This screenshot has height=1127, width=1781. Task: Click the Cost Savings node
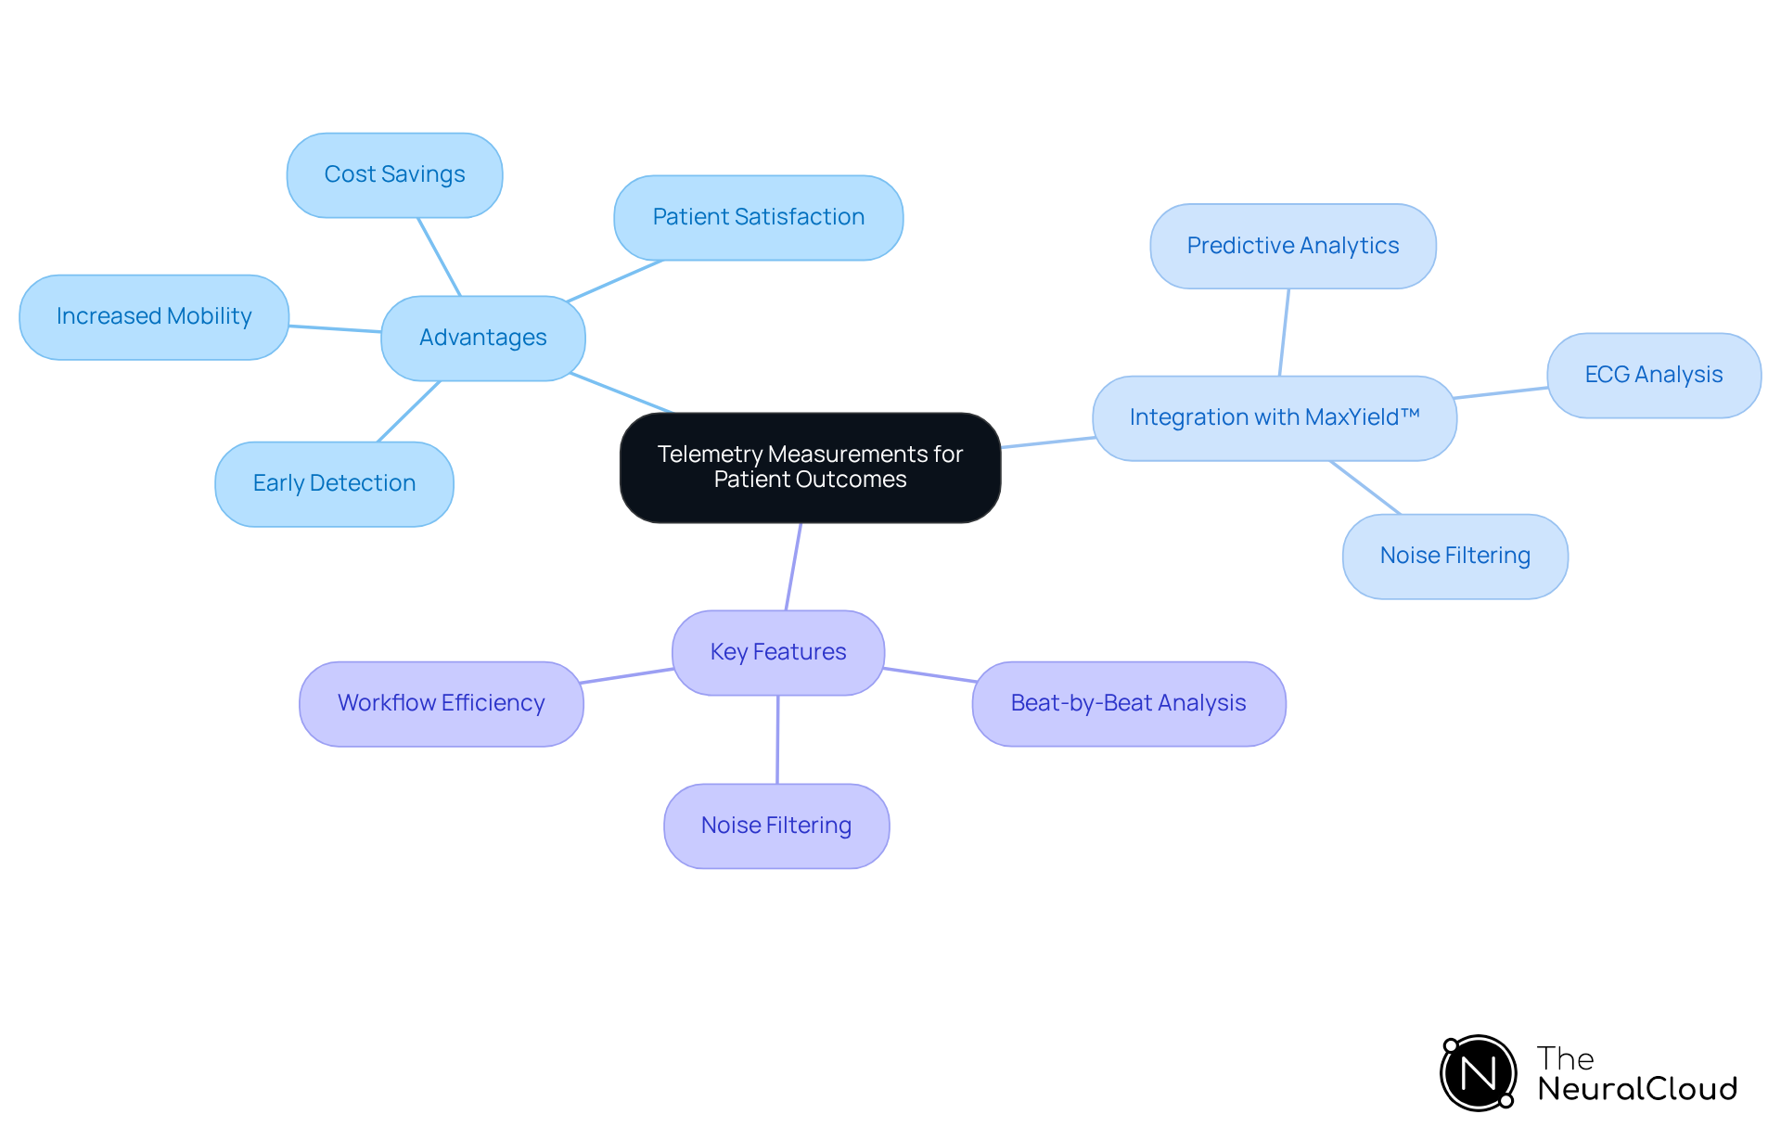[x=394, y=175]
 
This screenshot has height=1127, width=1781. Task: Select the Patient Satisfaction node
[x=758, y=218]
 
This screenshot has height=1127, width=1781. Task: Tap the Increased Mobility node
[x=154, y=317]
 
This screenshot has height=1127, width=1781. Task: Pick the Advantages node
[x=482, y=339]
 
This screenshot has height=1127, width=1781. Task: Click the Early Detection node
[x=334, y=484]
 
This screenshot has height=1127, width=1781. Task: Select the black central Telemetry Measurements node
[x=810, y=467]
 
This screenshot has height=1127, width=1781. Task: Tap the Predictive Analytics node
[x=1292, y=247]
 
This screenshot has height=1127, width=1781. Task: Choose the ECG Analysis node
[x=1653, y=376]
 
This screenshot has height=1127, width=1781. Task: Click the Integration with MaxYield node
[x=1274, y=418]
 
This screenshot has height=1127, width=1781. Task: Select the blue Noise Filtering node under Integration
[x=1454, y=557]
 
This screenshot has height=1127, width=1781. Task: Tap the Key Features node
[x=777, y=653]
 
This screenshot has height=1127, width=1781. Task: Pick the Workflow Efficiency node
[x=441, y=704]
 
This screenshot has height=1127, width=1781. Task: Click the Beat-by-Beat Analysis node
[x=1128, y=704]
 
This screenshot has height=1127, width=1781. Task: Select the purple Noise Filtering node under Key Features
[x=775, y=826]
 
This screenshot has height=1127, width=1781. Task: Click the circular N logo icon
[x=1478, y=1073]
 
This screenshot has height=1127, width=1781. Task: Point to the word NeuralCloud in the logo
[x=1636, y=1089]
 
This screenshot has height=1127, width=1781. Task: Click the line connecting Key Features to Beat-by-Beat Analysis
[x=929, y=674]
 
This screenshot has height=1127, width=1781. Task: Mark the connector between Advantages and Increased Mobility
[x=335, y=328]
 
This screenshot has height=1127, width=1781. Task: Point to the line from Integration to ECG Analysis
[x=1501, y=393]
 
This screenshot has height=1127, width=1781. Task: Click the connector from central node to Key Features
[x=793, y=567]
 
